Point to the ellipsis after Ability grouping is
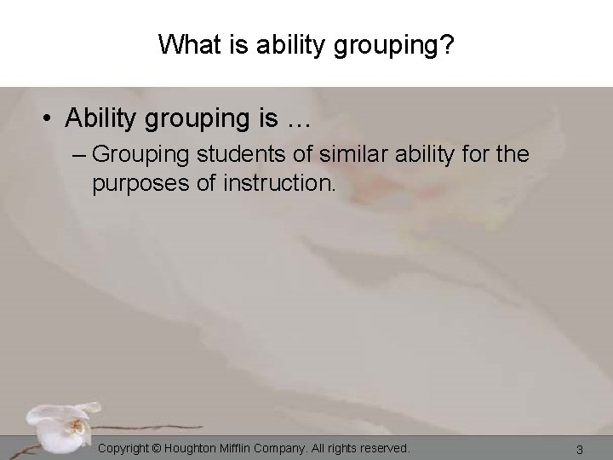click(x=296, y=120)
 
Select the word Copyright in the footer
click(x=127, y=447)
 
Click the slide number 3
click(x=579, y=448)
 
